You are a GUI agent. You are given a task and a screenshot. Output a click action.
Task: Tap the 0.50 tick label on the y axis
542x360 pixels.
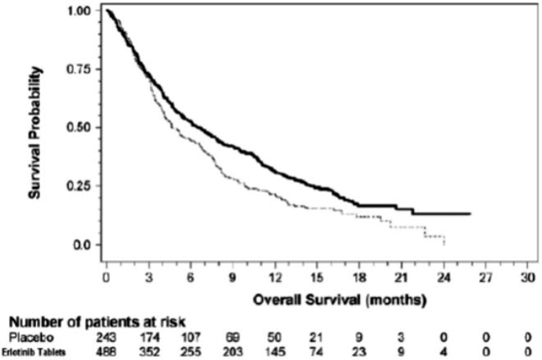[82, 128]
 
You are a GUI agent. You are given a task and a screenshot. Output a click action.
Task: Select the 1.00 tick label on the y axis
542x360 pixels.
[82, 12]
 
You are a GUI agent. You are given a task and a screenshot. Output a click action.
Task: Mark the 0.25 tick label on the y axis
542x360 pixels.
[82, 186]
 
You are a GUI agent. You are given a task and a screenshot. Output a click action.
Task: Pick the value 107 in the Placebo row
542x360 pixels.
[191, 337]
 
